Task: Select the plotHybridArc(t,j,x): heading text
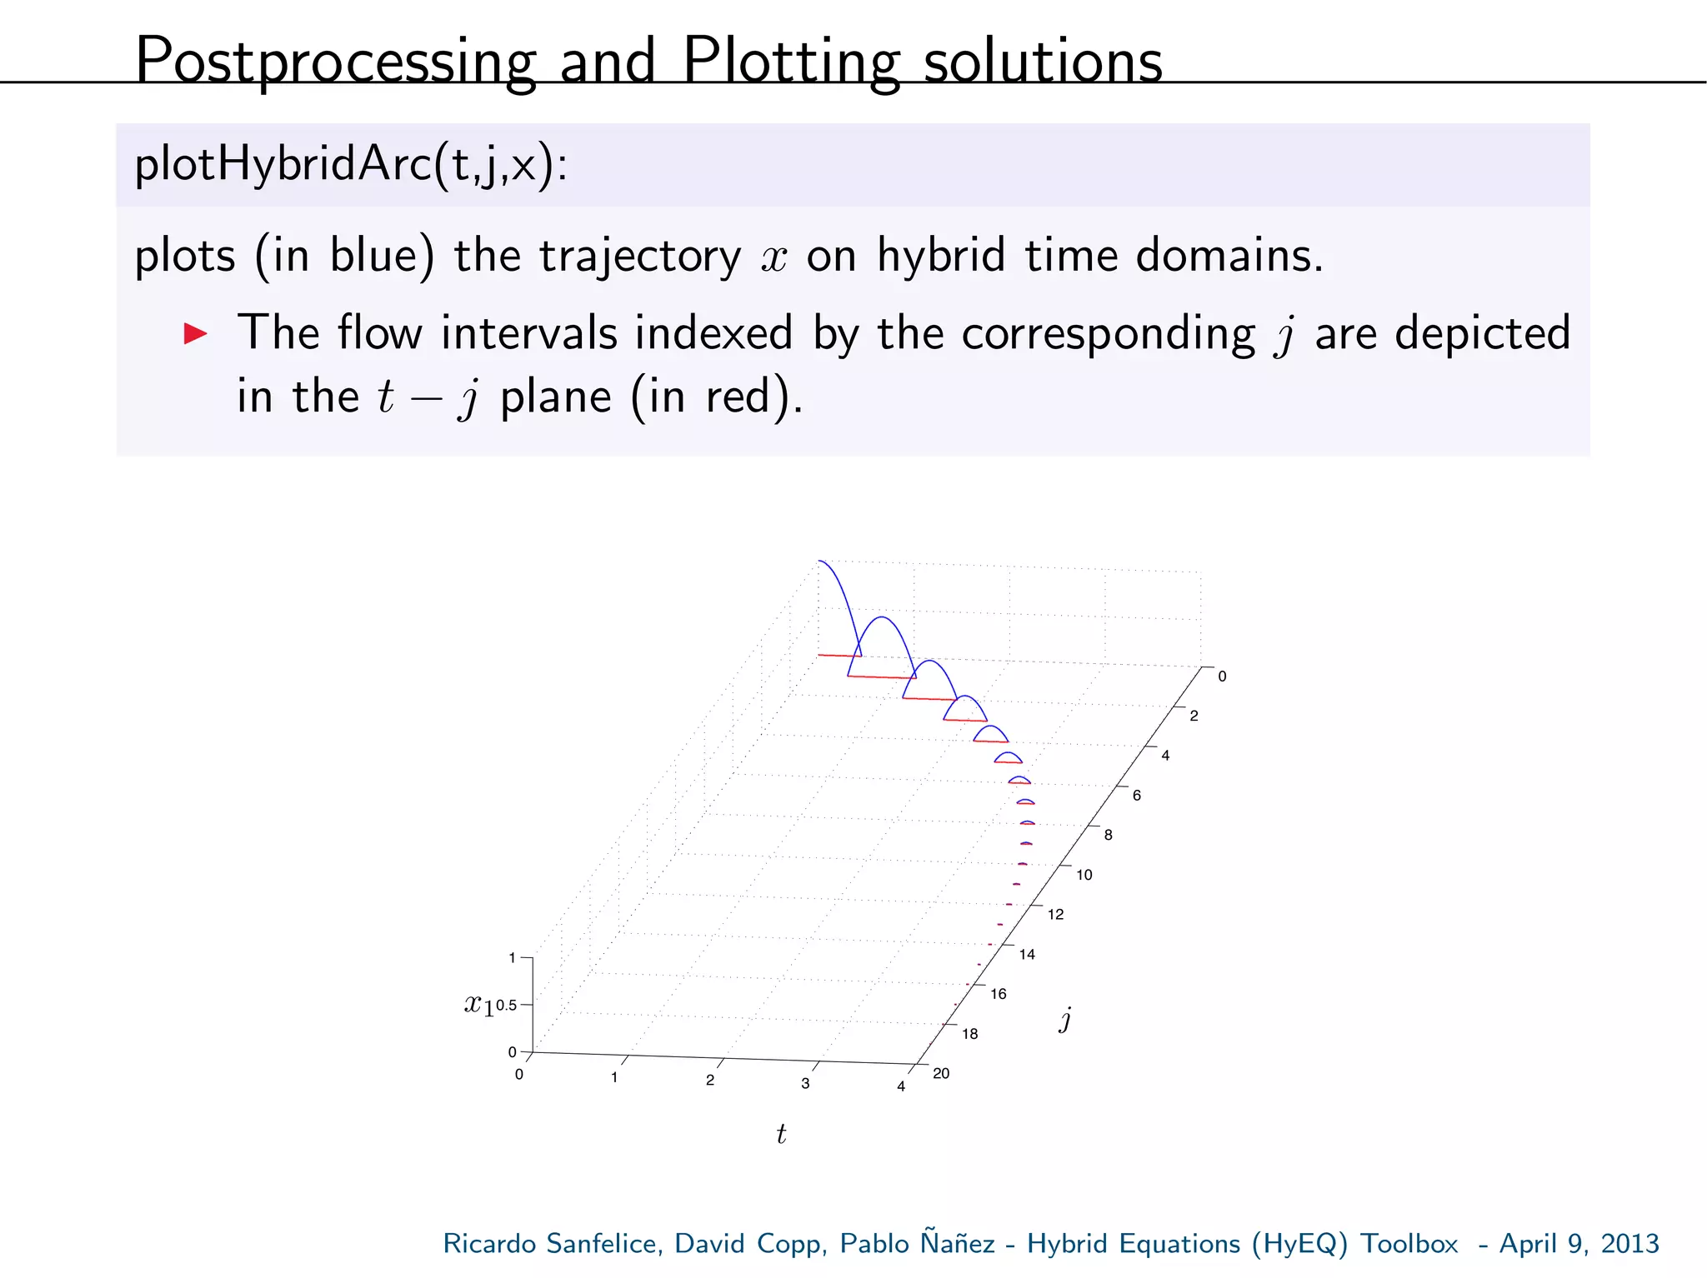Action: coord(351,164)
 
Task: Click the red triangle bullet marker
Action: coord(195,334)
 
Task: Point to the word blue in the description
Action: coord(382,255)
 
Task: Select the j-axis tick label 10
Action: coord(1084,875)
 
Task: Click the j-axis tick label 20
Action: coord(941,1073)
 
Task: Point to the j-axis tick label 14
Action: coord(1027,955)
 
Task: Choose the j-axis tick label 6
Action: coord(1136,796)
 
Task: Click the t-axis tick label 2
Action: coord(710,1081)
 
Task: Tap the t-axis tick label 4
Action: coord(901,1086)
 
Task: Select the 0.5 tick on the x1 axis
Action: coord(507,1006)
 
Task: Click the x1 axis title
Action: coord(478,1005)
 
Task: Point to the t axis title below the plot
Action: coord(781,1134)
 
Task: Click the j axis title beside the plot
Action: coord(1065,1019)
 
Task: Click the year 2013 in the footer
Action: coord(1629,1243)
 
